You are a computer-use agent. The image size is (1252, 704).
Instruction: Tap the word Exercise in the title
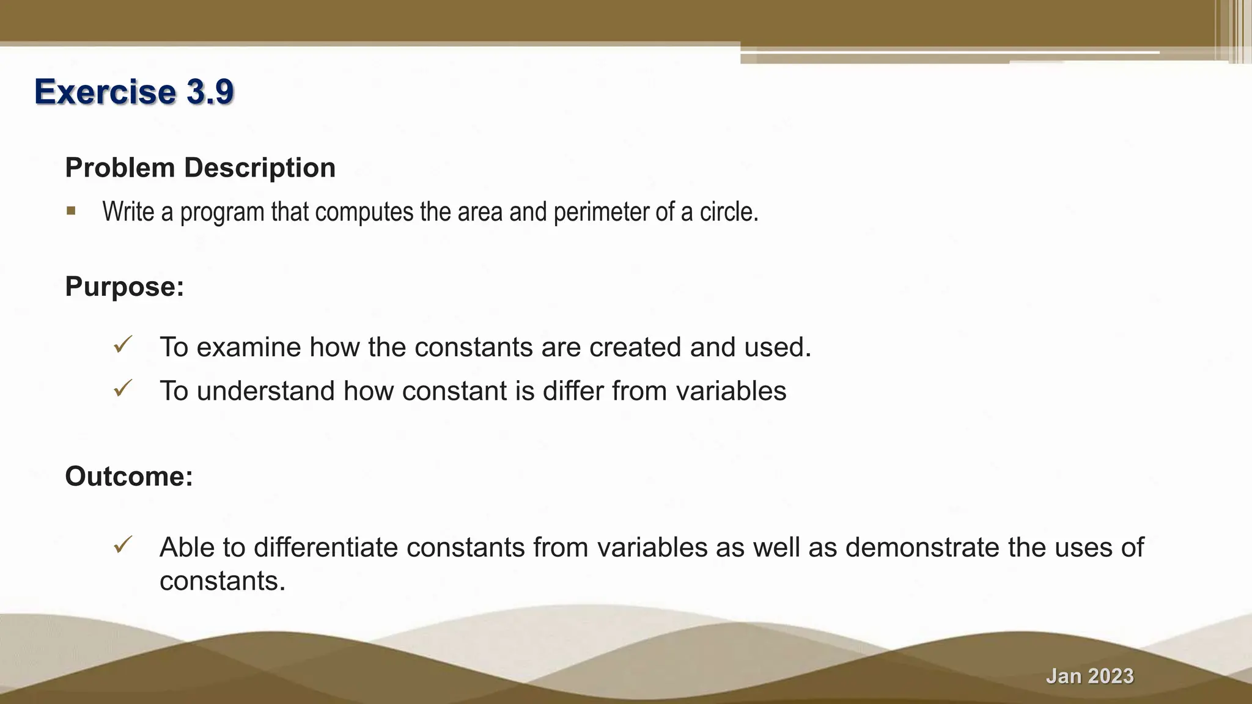[105, 92]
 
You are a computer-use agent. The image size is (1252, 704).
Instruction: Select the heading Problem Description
[201, 167]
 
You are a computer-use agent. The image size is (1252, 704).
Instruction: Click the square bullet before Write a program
[72, 211]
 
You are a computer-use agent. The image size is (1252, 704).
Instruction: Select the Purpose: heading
[125, 287]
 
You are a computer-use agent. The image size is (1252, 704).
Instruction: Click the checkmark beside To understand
[123, 388]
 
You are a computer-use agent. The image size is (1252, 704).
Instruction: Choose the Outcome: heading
[129, 476]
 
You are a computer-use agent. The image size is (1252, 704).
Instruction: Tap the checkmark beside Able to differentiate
[123, 544]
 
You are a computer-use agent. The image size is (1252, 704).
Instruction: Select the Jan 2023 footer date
[1089, 676]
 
